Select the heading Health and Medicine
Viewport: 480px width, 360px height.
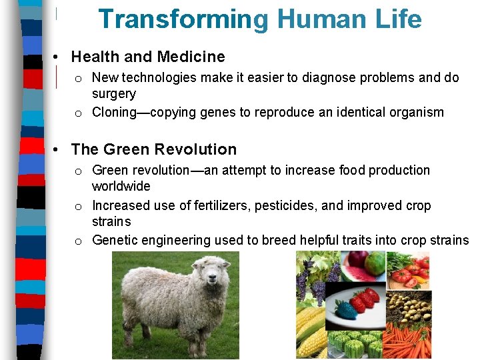148,57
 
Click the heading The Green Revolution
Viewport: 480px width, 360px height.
153,149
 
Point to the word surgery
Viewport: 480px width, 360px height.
113,94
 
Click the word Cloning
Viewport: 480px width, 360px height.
114,112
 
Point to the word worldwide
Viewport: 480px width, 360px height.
121,186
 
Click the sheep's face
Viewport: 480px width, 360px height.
212,279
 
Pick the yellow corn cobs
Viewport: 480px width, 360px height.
312,332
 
